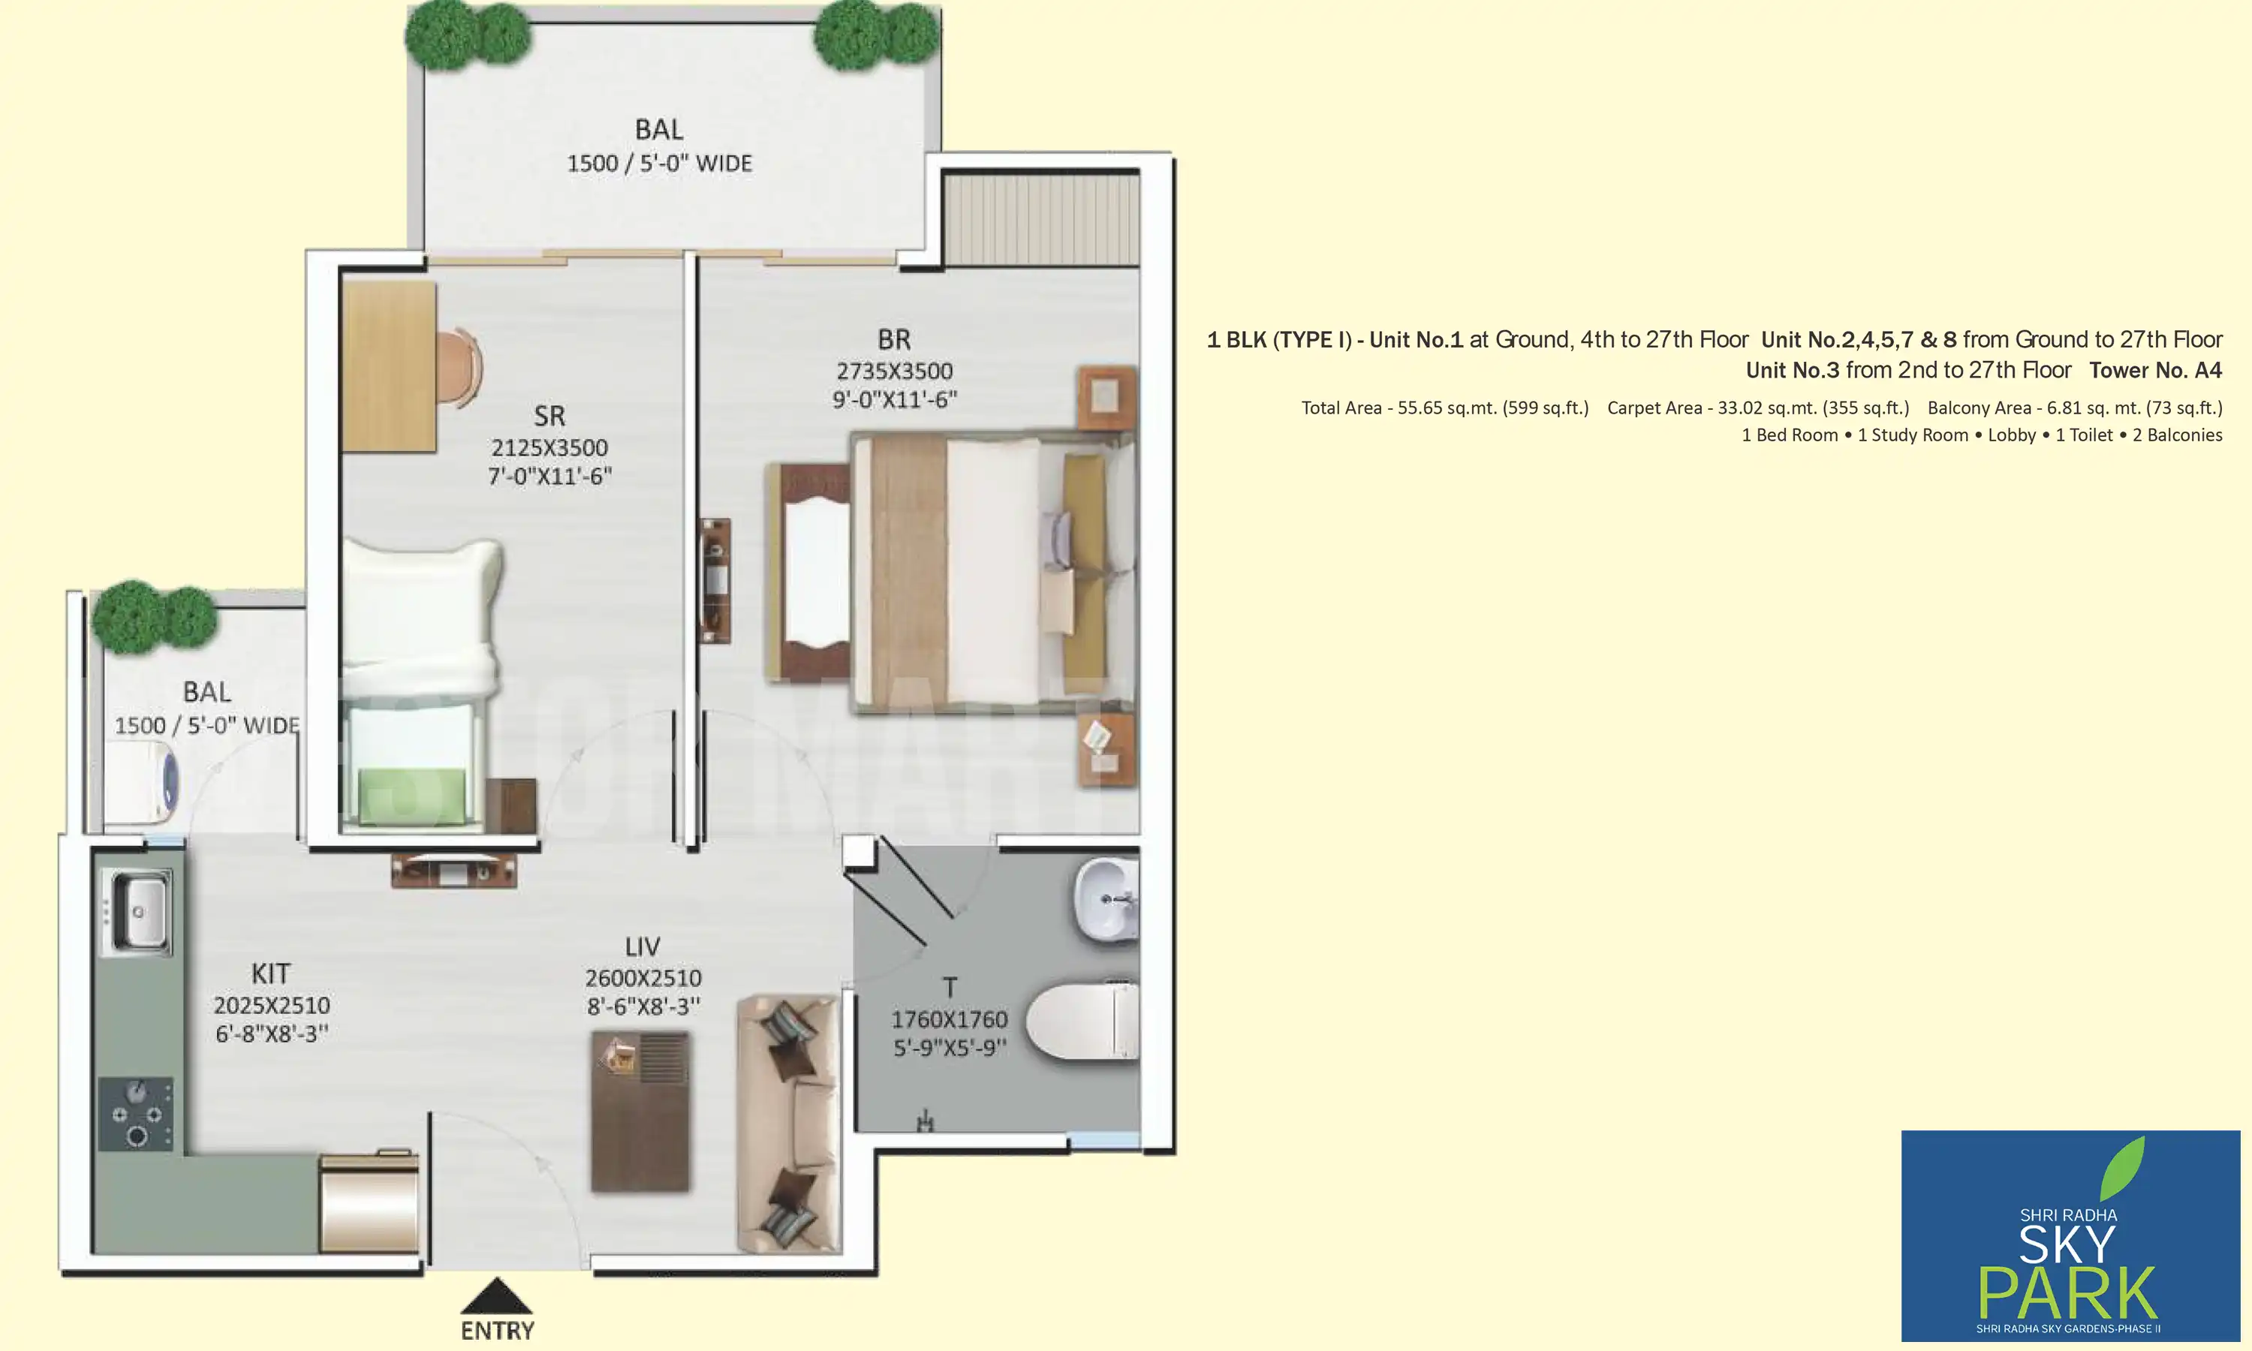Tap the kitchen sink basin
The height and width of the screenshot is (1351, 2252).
click(138, 911)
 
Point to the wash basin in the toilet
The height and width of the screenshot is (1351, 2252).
click(1104, 899)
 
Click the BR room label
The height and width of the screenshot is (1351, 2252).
click(893, 339)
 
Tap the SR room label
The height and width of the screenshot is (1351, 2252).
click(549, 416)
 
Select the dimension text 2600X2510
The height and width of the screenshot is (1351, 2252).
click(643, 978)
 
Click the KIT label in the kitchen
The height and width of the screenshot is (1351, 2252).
click(270, 973)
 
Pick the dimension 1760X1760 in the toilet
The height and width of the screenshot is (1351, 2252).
click(949, 1019)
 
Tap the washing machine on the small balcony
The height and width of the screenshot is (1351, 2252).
click(141, 782)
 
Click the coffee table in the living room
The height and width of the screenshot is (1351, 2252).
click(640, 1111)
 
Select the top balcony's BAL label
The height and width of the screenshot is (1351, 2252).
click(659, 129)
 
